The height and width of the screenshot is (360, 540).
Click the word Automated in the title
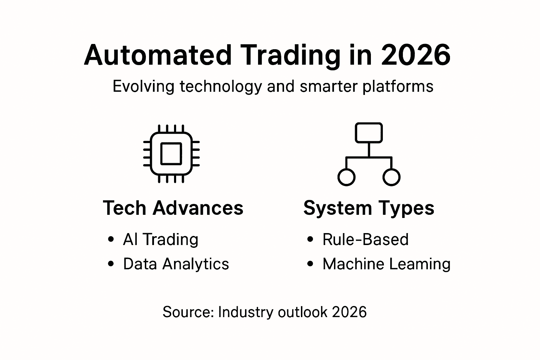tap(158, 55)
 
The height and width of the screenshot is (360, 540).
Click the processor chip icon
tap(171, 154)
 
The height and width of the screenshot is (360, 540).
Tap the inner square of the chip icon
tap(171, 154)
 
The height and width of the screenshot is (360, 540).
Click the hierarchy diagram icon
tap(369, 154)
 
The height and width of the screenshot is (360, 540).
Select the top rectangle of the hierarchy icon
tap(369, 133)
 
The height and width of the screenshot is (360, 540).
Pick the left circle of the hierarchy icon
tap(346, 177)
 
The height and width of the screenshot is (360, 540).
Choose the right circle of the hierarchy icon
tap(391, 177)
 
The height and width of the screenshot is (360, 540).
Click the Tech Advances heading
tap(173, 208)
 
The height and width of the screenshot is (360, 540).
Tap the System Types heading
tap(369, 208)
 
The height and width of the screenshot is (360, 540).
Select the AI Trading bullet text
tap(161, 239)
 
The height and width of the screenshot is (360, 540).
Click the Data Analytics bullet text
tap(176, 264)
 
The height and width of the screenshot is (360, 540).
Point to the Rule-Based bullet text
tap(366, 239)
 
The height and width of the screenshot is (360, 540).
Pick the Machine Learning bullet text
tap(386, 264)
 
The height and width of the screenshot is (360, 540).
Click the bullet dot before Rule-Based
tap(310, 239)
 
